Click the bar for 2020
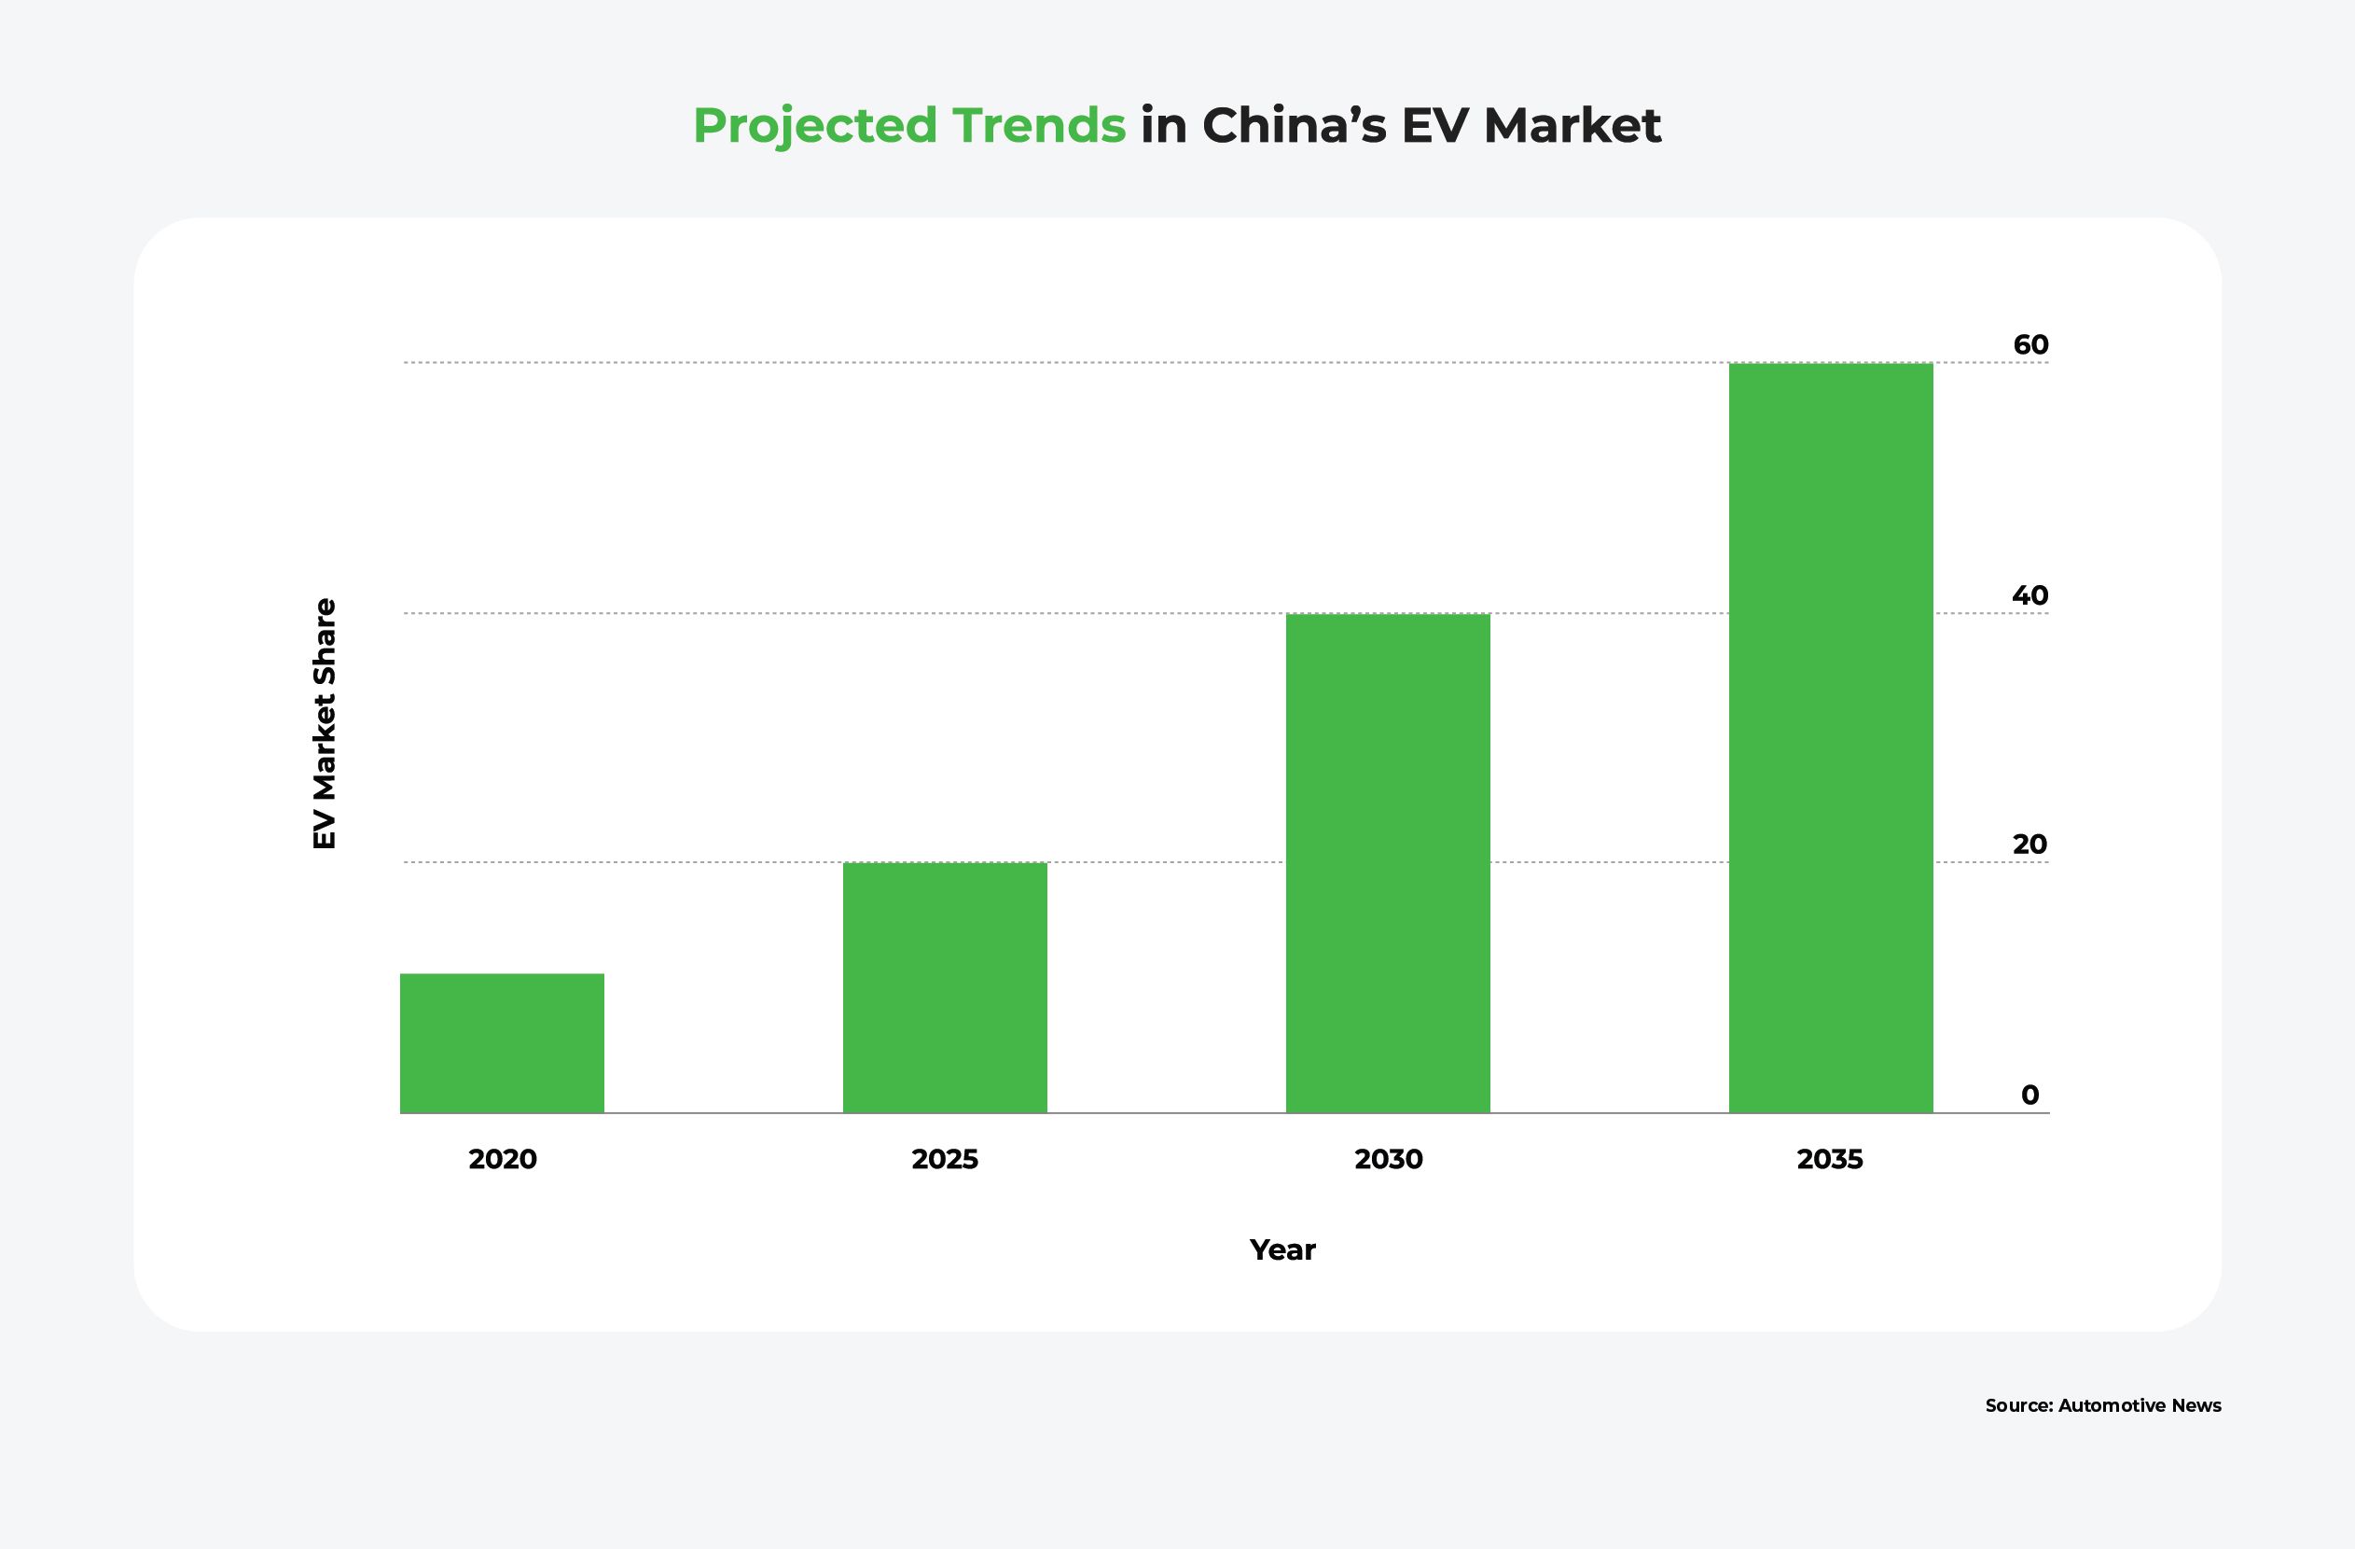(x=502, y=1043)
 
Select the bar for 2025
(x=945, y=988)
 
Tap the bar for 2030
(x=1387, y=863)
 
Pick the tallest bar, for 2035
(x=1831, y=737)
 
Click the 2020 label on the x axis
(x=503, y=1159)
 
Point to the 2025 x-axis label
(x=945, y=1159)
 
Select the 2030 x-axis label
(x=1388, y=1159)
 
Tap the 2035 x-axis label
(x=1830, y=1159)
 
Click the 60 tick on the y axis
(x=2030, y=344)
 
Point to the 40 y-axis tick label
(x=2030, y=594)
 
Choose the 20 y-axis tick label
(x=2029, y=844)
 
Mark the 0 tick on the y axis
(x=2029, y=1095)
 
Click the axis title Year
(x=1282, y=1250)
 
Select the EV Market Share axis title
(x=325, y=723)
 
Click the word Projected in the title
(x=814, y=126)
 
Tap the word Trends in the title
(x=1039, y=126)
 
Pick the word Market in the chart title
(x=1572, y=126)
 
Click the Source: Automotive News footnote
(x=2102, y=1405)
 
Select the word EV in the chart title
(x=1434, y=126)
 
